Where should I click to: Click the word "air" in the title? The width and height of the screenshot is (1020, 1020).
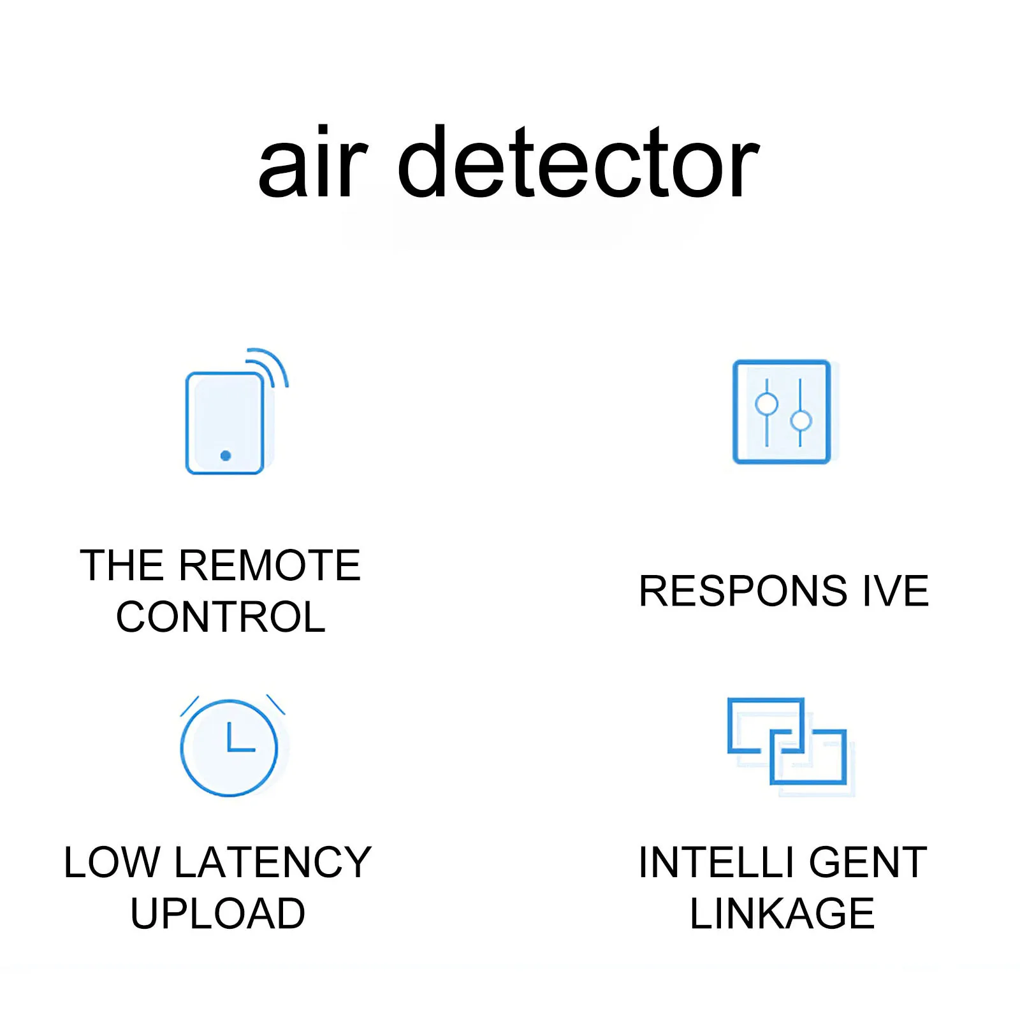(x=313, y=163)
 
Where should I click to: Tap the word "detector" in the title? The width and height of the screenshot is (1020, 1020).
(x=578, y=163)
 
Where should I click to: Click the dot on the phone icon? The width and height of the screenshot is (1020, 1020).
(x=225, y=455)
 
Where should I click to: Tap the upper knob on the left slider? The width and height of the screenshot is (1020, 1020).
(x=766, y=404)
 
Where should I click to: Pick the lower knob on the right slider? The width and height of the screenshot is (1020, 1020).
(x=801, y=421)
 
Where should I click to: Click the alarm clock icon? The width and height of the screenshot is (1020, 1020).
(x=229, y=747)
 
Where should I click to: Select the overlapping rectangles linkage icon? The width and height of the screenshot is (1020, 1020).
(x=788, y=742)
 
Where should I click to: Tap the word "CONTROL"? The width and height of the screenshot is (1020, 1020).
(x=221, y=617)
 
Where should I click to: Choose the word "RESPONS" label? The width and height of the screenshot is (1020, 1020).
(x=743, y=591)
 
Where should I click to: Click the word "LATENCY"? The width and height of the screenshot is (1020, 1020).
(x=273, y=863)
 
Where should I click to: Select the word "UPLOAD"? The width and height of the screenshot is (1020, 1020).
(x=218, y=914)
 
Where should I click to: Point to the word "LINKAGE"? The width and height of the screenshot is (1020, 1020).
(x=782, y=914)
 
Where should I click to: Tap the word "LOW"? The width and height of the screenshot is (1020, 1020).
(x=112, y=863)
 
